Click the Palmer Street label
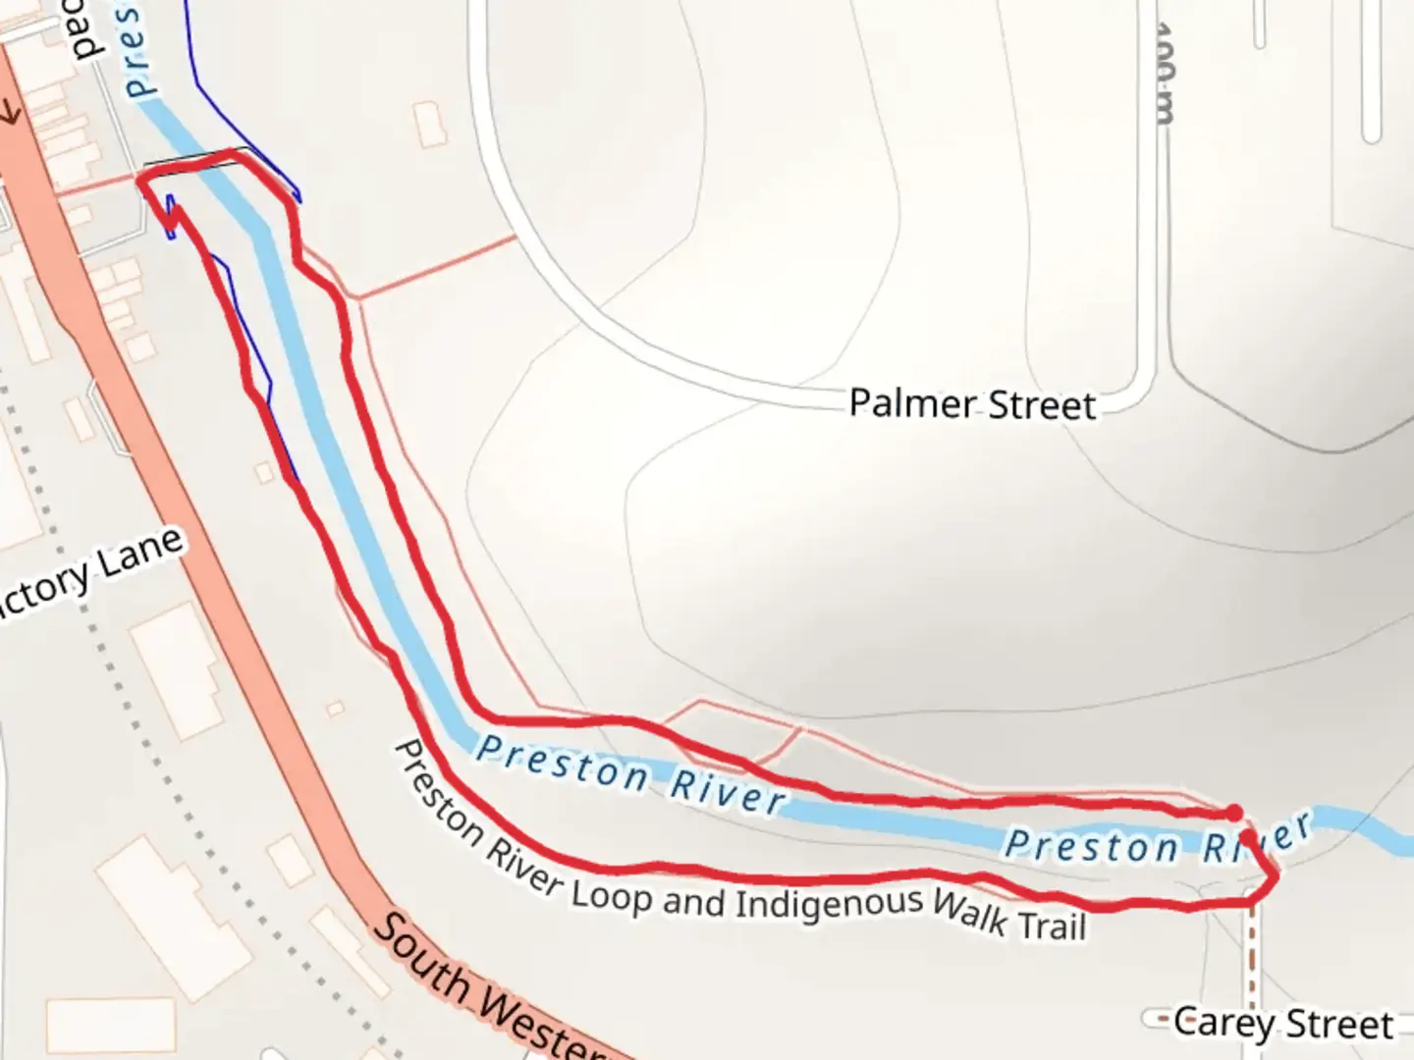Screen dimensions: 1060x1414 point(972,404)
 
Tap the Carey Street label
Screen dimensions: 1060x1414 point(1282,1024)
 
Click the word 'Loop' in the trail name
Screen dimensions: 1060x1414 point(611,894)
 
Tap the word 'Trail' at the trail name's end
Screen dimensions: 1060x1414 point(1052,926)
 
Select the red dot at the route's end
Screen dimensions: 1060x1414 point(1234,813)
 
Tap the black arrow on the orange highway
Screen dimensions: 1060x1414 point(12,113)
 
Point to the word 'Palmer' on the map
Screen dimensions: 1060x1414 point(913,403)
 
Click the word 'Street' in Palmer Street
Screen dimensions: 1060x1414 point(1041,405)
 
